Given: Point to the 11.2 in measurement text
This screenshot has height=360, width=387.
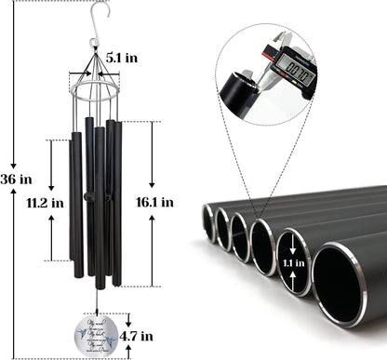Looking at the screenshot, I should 44,201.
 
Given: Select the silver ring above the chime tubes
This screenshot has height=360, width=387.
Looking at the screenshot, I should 93,93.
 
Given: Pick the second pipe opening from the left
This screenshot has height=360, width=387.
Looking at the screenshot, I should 224,231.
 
